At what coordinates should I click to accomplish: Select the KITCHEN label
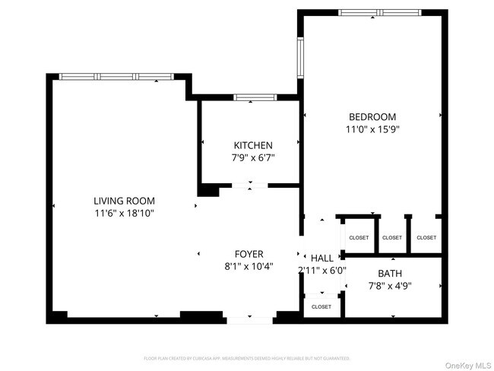[252, 145]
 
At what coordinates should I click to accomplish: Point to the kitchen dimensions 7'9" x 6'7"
[252, 158]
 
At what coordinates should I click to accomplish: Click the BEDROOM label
[372, 116]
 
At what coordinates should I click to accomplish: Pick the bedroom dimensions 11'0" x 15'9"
[372, 129]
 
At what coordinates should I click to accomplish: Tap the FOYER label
[249, 254]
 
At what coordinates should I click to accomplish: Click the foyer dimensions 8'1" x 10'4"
[249, 267]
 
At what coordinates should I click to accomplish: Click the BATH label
[390, 273]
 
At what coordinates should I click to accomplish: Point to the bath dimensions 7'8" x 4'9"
[390, 286]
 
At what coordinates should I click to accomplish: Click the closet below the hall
[321, 306]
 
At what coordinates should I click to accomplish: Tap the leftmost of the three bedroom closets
[358, 237]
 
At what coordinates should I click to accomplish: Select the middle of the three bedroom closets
[392, 237]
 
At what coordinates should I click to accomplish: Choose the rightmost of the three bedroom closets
[426, 237]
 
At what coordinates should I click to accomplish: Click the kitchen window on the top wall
[255, 97]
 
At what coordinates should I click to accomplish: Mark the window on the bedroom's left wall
[300, 59]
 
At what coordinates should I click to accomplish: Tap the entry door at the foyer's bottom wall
[250, 319]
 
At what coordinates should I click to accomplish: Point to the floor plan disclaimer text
[247, 357]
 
